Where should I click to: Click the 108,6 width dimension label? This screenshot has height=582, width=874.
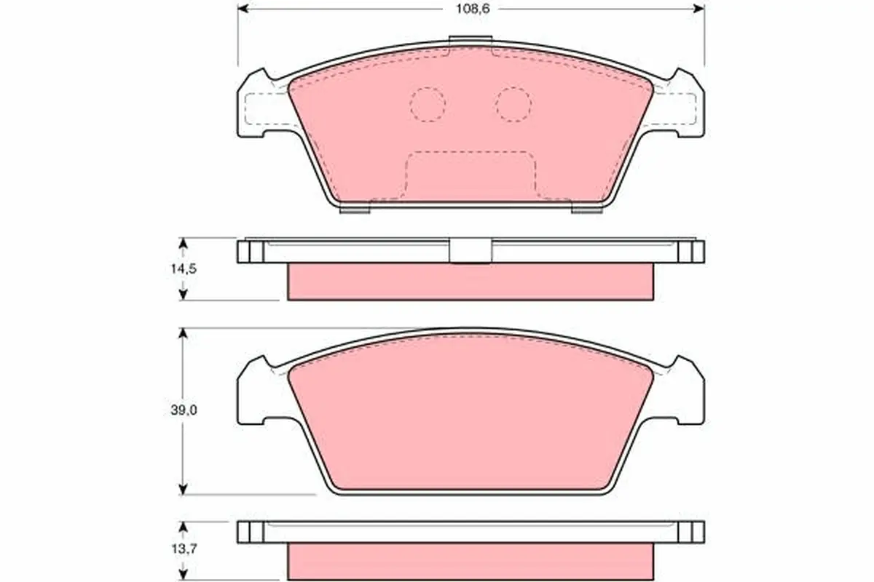click(x=473, y=9)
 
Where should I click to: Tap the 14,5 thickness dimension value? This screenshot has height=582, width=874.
click(x=184, y=268)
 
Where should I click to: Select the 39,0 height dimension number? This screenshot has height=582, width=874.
click(x=184, y=410)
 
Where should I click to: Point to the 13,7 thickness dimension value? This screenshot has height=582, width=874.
click(x=184, y=549)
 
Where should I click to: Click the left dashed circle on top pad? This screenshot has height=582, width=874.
click(x=428, y=105)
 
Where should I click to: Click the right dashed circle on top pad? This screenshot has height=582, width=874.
click(x=513, y=105)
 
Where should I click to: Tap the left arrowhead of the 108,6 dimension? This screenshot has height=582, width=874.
click(x=243, y=9)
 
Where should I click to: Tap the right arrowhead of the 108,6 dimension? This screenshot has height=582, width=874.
click(x=698, y=9)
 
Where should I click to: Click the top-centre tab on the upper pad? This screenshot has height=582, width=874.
click(x=471, y=41)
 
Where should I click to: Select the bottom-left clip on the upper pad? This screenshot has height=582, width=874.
click(x=354, y=209)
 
